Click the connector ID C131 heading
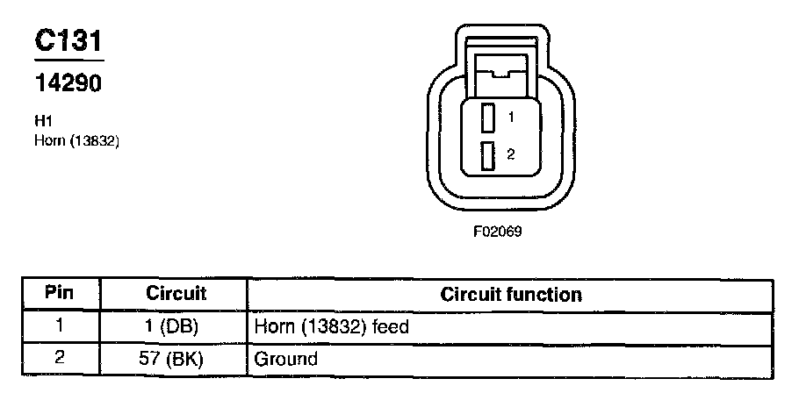[68, 41]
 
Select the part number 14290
[68, 83]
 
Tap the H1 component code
[41, 123]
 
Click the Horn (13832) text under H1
[76, 139]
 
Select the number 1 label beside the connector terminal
[510, 116]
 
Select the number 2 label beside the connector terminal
[510, 154]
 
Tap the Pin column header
[59, 293]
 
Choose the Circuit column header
[176, 293]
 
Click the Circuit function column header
[510, 294]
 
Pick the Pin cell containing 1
[59, 326]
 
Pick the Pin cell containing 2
[59, 358]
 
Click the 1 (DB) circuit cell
[176, 326]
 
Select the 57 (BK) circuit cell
[176, 359]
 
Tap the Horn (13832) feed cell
[332, 326]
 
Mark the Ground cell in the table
[285, 359]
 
